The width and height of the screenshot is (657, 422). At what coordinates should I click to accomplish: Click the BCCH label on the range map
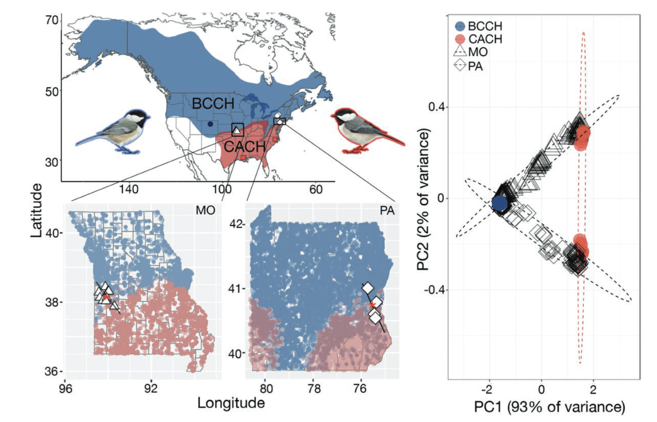[213, 103]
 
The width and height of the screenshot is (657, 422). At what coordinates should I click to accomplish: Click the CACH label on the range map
[245, 147]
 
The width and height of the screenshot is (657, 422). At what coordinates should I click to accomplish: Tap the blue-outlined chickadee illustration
[113, 132]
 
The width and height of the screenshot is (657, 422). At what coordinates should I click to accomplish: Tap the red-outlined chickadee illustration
[368, 131]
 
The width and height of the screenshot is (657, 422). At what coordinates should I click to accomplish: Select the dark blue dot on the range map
[210, 124]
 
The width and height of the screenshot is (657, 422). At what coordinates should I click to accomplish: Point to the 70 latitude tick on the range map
[52, 21]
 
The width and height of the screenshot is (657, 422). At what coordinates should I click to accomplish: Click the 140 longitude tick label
[128, 190]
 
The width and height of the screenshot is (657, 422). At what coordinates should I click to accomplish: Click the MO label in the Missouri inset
[205, 211]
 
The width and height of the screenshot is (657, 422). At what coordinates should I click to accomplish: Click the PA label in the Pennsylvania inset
[387, 211]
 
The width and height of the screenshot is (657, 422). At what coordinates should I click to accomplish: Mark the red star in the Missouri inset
[106, 298]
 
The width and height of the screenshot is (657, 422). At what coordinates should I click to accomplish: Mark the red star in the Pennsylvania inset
[372, 305]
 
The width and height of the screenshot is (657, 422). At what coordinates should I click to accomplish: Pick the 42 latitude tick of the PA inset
[236, 224]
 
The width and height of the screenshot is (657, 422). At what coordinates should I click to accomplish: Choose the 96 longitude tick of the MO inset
[65, 388]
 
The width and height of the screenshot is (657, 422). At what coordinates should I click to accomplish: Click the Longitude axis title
[231, 403]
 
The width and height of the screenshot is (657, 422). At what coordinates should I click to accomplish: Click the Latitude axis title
[37, 211]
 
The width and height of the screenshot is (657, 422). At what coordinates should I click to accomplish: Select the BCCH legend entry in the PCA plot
[479, 26]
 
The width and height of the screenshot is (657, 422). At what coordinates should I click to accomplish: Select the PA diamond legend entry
[468, 66]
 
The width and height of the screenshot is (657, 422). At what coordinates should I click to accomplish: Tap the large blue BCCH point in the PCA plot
[499, 203]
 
